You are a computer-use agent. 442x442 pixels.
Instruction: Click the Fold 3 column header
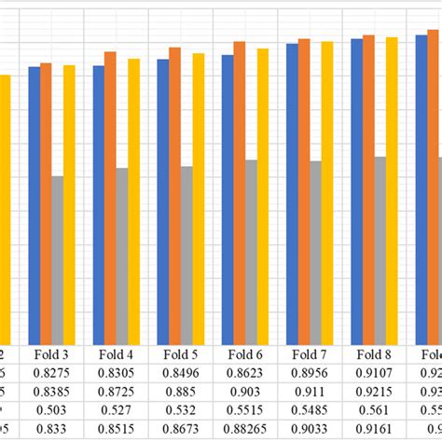tap(51, 354)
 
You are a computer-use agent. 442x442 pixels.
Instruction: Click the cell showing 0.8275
tap(51, 372)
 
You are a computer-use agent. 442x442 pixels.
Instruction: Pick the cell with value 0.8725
tap(116, 391)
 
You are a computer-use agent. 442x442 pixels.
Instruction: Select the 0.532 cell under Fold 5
tap(180, 408)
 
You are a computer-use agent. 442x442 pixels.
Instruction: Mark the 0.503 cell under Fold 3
tap(51, 408)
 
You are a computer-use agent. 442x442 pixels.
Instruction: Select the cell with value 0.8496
tap(180, 372)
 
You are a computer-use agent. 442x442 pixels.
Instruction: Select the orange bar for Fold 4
tap(110, 197)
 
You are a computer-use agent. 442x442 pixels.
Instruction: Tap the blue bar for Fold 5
tap(163, 200)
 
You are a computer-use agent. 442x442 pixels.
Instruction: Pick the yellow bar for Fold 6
tap(263, 195)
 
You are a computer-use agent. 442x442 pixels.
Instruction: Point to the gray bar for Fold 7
tap(315, 252)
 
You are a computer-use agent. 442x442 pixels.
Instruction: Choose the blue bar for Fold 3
tap(35, 204)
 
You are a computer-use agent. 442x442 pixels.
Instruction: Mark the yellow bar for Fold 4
tap(134, 200)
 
